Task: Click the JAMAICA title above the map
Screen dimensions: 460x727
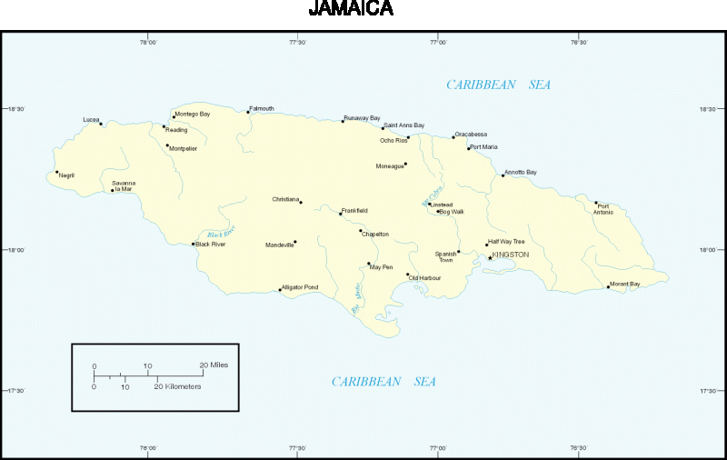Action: [x=351, y=9]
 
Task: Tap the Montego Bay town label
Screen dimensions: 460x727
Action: [x=193, y=114]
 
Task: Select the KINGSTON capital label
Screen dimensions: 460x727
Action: [x=510, y=255]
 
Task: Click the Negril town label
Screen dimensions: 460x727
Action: [x=66, y=175]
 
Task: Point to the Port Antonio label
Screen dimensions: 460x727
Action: [x=604, y=209]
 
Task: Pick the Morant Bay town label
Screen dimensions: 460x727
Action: [x=625, y=284]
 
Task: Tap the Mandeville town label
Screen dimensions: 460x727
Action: [x=279, y=245]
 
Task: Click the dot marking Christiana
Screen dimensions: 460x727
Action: [x=301, y=202]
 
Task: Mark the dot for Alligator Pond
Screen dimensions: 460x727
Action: [x=280, y=290]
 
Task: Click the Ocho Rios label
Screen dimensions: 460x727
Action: [x=393, y=140]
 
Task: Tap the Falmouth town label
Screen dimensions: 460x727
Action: [x=262, y=108]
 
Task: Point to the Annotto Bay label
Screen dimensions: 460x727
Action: [x=521, y=172]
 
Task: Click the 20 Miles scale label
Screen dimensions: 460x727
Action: [x=214, y=365]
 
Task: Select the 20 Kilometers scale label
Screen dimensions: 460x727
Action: [x=177, y=386]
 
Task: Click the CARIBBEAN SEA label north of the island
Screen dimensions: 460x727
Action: [x=498, y=85]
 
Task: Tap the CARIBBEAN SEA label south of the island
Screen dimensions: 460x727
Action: [x=383, y=382]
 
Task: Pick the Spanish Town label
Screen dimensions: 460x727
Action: [x=445, y=256]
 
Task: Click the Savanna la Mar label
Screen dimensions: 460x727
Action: [x=124, y=185]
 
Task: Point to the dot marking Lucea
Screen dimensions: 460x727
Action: [x=101, y=124]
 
